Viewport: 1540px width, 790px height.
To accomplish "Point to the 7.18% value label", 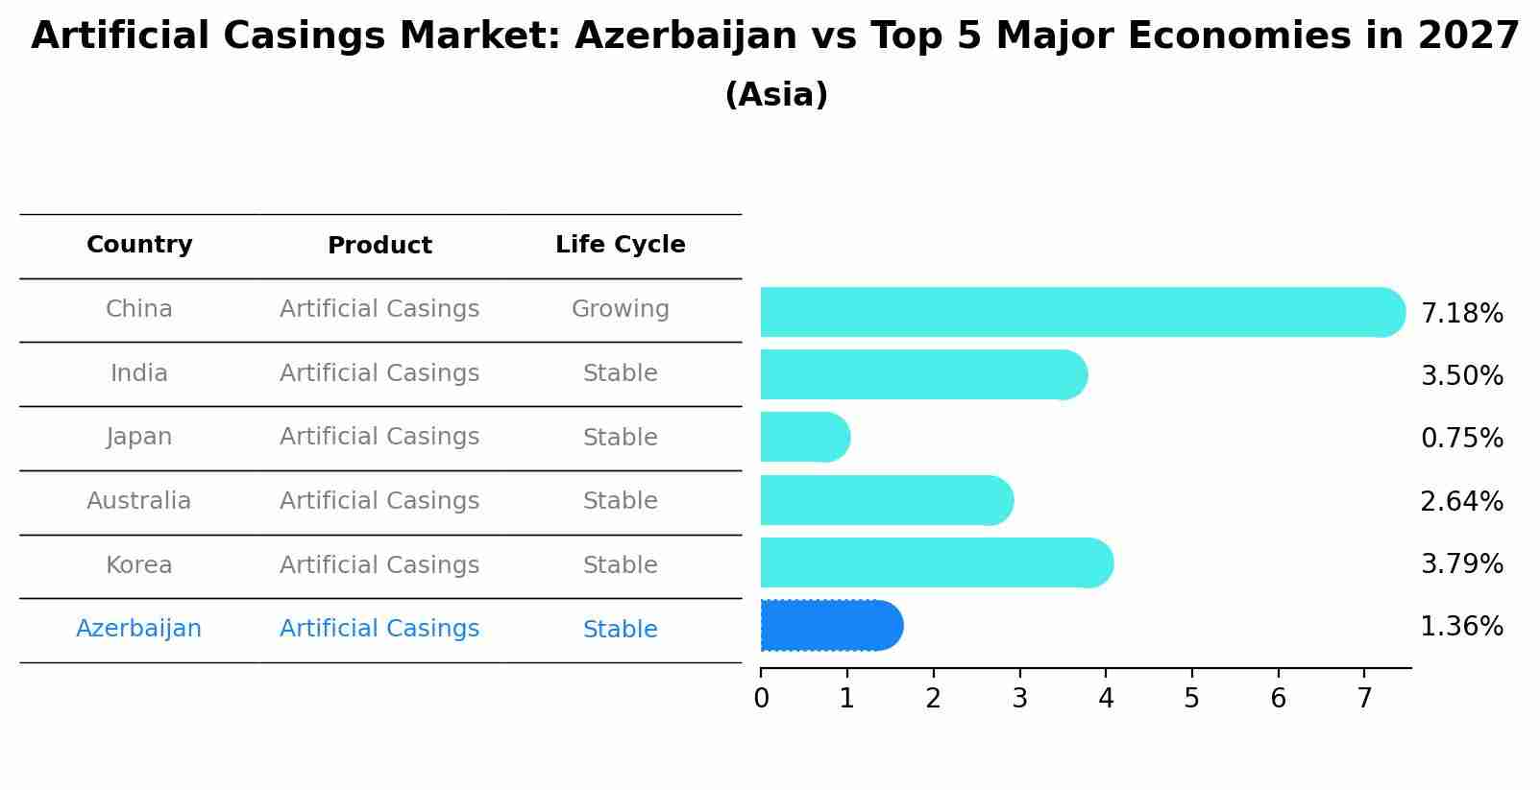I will (x=1461, y=314).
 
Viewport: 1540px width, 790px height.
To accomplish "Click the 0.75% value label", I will (x=1461, y=439).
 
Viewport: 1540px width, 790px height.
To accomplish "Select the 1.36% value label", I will (x=1461, y=627).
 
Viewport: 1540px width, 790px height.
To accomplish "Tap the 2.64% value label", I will (x=1461, y=502).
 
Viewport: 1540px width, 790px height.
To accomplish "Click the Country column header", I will (x=139, y=246).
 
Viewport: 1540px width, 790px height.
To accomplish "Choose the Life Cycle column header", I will (x=620, y=246).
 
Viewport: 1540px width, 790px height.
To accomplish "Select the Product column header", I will (x=379, y=247).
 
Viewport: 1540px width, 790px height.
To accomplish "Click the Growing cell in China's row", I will (x=620, y=309).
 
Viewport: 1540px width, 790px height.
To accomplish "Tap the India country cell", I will (x=139, y=373).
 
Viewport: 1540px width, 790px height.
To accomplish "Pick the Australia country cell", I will (x=139, y=501).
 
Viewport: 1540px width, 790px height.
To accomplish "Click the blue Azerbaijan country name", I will (x=139, y=629).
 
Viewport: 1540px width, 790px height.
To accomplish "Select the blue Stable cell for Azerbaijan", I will (x=620, y=630).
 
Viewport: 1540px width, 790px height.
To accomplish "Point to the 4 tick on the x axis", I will (x=1106, y=699).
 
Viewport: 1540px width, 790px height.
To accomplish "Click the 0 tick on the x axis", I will (x=761, y=699).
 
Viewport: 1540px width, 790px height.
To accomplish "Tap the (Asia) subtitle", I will (x=776, y=95).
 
